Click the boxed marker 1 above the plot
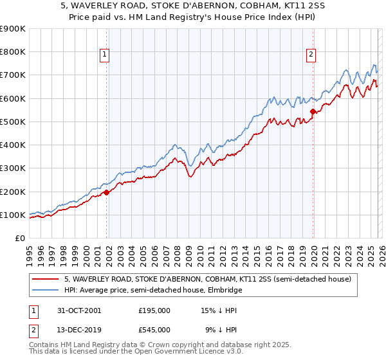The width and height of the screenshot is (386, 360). (x=104, y=55)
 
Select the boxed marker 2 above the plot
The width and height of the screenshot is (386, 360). (x=311, y=55)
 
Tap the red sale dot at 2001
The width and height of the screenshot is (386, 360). (x=107, y=192)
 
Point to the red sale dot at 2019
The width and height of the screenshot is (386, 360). (x=313, y=111)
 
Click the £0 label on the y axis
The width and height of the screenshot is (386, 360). (x=19, y=238)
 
